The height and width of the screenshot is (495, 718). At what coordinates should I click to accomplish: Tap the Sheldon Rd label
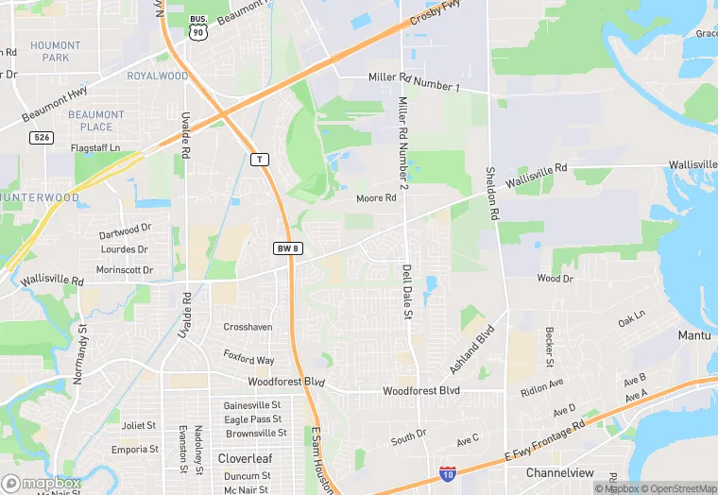coord(491,193)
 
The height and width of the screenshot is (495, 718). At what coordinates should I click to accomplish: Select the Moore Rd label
coord(376,198)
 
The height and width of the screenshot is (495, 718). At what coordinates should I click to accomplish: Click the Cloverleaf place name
coord(246,458)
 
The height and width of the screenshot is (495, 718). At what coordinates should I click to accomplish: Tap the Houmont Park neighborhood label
coord(56,51)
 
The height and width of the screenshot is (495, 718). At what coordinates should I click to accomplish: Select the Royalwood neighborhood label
coord(158,76)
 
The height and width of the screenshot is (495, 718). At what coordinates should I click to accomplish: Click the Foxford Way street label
coord(248,359)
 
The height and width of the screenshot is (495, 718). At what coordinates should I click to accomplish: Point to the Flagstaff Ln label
coord(95,148)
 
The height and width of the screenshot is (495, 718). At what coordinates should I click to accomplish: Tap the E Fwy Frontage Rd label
coord(543,440)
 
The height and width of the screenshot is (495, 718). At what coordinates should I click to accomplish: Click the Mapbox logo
coord(41,483)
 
